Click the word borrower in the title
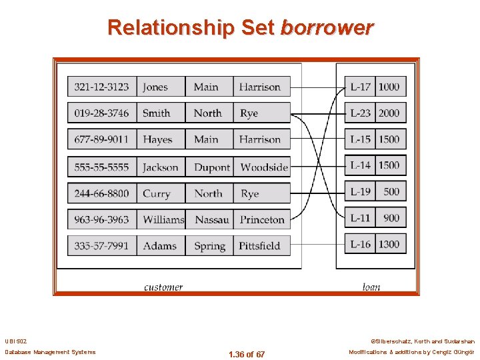pos(327,28)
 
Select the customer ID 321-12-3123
pos(102,87)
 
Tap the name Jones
pos(155,87)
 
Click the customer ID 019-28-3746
pos(102,113)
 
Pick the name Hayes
pos(157,139)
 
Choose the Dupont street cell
pos(211,167)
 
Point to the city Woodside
pos(264,167)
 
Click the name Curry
pos(156,193)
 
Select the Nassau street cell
pos(211,219)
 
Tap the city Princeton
pos(262,219)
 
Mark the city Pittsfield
pos(259,245)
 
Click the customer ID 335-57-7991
pos(102,245)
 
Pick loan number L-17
pos(361,87)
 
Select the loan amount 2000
pos(389,113)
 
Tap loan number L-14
pos(361,165)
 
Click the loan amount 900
pos(391,217)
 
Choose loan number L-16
pos(361,244)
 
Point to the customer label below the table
pos(163,287)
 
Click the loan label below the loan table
pos(371,287)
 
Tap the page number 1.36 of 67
pos(246,354)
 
